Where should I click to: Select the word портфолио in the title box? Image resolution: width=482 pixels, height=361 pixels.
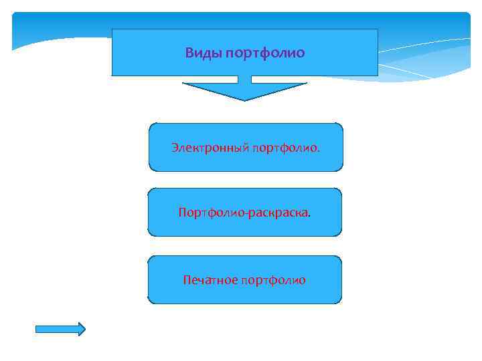(x=266, y=53)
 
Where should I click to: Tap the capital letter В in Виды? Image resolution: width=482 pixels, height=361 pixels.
(x=189, y=53)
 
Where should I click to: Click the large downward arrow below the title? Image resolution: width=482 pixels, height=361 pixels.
(x=244, y=89)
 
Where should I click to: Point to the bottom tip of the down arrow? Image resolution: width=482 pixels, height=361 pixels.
(x=244, y=100)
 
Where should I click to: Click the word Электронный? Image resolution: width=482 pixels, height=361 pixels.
(x=210, y=146)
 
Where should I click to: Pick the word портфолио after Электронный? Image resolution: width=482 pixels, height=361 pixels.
(x=286, y=146)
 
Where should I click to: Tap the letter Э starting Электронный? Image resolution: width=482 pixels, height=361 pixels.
(x=174, y=146)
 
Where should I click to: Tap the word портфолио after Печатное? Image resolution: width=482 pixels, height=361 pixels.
(x=274, y=280)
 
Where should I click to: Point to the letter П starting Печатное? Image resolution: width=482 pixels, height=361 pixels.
(x=187, y=279)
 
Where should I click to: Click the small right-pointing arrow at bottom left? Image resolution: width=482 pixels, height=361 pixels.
(x=60, y=329)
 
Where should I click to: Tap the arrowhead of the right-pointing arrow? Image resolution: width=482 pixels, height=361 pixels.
(x=80, y=329)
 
